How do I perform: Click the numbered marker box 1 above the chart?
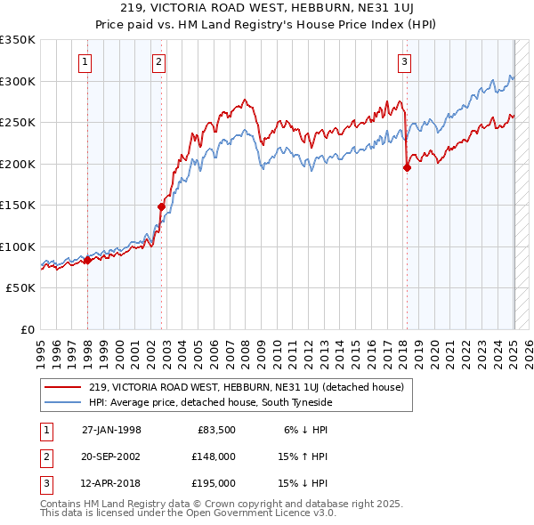[x=85, y=62]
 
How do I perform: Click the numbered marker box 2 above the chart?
[x=158, y=62]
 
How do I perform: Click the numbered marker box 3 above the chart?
[x=404, y=62]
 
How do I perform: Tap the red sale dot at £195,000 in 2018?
[x=407, y=167]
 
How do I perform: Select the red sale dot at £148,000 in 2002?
[x=162, y=206]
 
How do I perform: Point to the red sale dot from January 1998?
[x=88, y=260]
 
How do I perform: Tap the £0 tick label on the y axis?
[x=27, y=329]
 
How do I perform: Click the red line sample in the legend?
[x=62, y=387]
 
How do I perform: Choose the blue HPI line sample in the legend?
[x=62, y=404]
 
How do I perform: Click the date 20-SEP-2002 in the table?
[x=111, y=456]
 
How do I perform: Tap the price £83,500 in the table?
[x=216, y=430]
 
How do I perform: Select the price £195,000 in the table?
[x=214, y=483]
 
